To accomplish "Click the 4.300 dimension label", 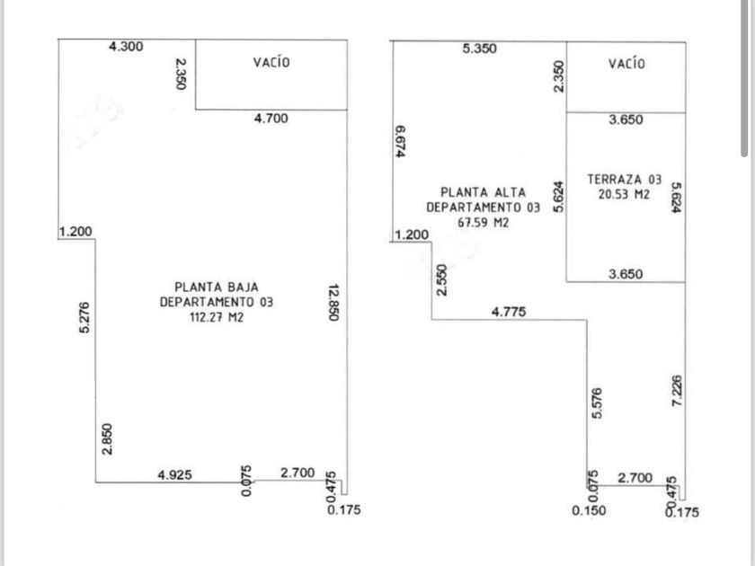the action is tap(125, 47).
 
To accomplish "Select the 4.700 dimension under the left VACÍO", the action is tap(271, 119).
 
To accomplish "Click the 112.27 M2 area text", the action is tap(217, 316).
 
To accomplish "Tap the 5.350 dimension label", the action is tap(479, 49).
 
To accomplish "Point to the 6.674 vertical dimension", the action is tap(401, 140).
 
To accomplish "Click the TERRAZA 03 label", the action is tap(625, 181).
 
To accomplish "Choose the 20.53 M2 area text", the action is tap(625, 194).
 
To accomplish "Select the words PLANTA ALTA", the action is tap(483, 192).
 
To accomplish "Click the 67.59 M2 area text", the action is tap(483, 221).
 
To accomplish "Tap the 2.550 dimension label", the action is tap(441, 279).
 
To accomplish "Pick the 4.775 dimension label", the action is tap(509, 312).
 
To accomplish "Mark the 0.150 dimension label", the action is tap(589, 510).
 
